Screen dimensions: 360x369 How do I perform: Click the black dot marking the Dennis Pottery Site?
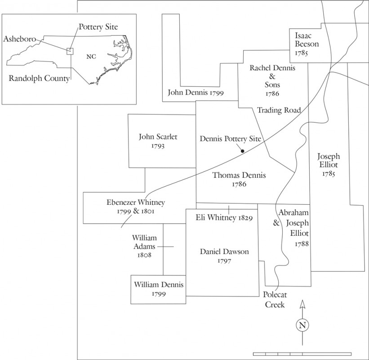pos(242,151)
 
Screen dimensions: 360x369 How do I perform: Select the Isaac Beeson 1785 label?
pos(307,44)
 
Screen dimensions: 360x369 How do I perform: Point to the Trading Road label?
pos(279,110)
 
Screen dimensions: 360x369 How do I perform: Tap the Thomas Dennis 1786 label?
pos(239,180)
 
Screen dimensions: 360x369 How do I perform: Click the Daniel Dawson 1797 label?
pos(224,256)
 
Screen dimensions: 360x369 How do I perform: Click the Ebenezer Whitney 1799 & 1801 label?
pos(135,207)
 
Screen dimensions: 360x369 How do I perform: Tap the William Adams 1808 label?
pos(144,246)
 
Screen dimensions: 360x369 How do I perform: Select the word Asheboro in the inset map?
pos(19,39)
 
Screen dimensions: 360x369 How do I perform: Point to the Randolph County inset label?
pos(39,78)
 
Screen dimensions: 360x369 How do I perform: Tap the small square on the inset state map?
pos(70,51)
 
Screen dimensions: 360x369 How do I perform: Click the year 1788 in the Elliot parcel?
pos(302,244)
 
